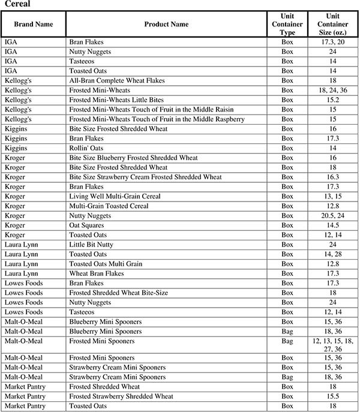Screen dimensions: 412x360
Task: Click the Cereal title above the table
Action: pyautogui.click(x=17, y=4)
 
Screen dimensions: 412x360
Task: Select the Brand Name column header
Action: pyautogui.click(x=33, y=24)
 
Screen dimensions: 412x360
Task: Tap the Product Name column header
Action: pyautogui.click(x=166, y=24)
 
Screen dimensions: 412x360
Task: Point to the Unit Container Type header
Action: pyautogui.click(x=287, y=24)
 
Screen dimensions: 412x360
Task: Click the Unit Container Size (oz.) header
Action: pyautogui.click(x=333, y=24)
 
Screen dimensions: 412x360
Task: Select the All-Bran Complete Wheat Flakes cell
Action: pyautogui.click(x=117, y=80)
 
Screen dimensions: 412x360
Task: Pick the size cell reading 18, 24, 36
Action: pyautogui.click(x=333, y=90)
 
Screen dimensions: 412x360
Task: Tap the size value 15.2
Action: pyautogui.click(x=333, y=100)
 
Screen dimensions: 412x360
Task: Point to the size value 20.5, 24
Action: pyautogui.click(x=333, y=215)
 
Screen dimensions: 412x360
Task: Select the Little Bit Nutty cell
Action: pyautogui.click(x=92, y=245)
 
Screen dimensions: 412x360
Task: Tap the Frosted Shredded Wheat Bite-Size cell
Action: pyautogui.click(x=118, y=293)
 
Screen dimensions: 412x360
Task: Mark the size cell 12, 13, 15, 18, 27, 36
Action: pyautogui.click(x=333, y=345)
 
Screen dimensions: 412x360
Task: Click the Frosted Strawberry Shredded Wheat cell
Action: pyautogui.click(x=121, y=396)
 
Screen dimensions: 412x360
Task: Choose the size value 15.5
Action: pyautogui.click(x=333, y=396)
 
